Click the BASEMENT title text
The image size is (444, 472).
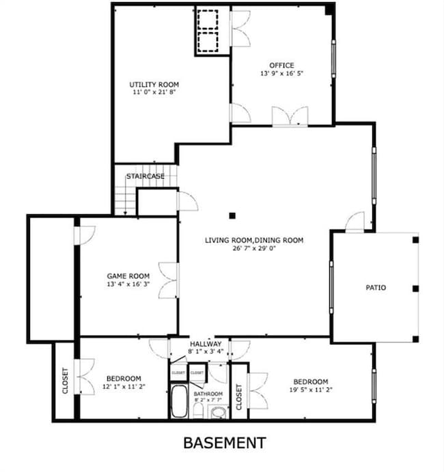pos(225,443)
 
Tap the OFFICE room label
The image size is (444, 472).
pos(281,65)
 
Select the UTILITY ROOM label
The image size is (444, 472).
pos(154,85)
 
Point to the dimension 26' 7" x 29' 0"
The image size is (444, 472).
pos(254,248)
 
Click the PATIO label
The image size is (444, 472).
pos(376,287)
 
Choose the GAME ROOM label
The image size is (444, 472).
pos(128,276)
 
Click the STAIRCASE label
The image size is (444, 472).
pos(145,176)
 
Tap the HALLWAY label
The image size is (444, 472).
pos(206,344)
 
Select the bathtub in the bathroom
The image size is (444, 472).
pos(179,401)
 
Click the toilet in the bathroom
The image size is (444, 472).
pos(198,411)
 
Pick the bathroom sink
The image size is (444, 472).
pos(219,412)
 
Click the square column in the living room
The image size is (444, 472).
pos(232,216)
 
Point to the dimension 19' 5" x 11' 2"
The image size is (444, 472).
pos(311,389)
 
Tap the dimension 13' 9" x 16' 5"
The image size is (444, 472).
pos(281,73)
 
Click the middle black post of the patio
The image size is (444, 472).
pos(416,289)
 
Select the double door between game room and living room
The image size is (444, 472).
pos(169,280)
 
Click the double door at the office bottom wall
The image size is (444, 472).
pos(290,115)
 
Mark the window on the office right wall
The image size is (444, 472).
pos(333,59)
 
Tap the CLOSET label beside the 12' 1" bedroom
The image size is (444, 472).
pos(65,381)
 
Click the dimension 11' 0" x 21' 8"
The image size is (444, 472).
pos(154,92)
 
